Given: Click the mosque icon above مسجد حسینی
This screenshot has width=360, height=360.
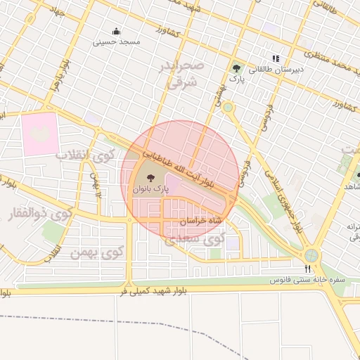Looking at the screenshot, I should [x=116, y=32].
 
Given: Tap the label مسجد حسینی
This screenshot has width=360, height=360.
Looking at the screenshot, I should [x=117, y=42].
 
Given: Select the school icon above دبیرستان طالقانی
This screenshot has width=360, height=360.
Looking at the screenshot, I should [x=276, y=58].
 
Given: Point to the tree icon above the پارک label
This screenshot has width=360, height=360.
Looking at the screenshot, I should [x=237, y=69].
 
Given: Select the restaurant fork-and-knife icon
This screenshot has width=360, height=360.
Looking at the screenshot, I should [x=307, y=269].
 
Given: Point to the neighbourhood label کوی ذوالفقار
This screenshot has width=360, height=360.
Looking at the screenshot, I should [x=42, y=211].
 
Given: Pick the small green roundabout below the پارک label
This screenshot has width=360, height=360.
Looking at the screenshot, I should [x=228, y=108].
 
